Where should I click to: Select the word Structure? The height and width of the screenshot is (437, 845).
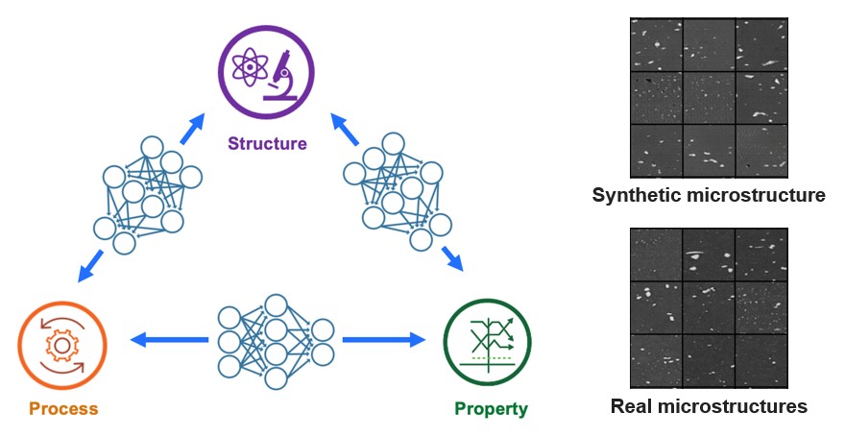[267, 144]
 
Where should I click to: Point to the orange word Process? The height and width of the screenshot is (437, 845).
[63, 408]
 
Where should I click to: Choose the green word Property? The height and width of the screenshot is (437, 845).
[491, 408]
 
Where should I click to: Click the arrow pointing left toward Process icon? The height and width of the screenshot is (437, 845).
[169, 338]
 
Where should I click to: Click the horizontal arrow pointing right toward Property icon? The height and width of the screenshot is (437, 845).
[383, 338]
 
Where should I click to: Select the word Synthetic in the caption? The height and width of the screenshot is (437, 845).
[637, 196]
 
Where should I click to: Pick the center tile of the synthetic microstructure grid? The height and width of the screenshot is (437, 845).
[709, 96]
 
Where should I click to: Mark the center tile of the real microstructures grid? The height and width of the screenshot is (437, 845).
[709, 306]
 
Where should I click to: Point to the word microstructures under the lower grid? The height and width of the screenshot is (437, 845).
[735, 406]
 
